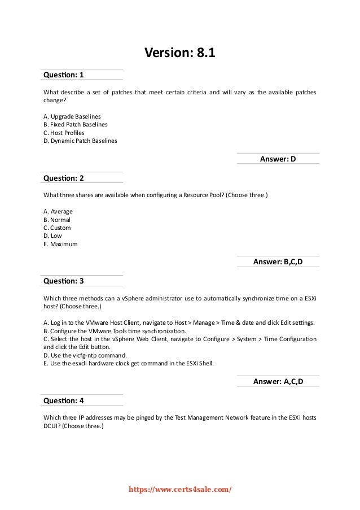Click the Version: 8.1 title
pos(180,54)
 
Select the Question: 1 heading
pos(63,75)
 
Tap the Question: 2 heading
pos(63,177)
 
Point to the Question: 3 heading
pos(63,281)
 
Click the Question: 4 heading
pos(63,400)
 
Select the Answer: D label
pos(278,159)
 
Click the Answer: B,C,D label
pos(278,261)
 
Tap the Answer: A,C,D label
pos(278,382)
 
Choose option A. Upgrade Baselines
pos(72,116)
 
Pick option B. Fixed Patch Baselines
pos(75,124)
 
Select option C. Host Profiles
pos(64,133)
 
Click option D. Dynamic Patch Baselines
pos(80,141)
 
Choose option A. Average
pos(58,211)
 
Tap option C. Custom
pos(57,228)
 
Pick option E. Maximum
pos(60,245)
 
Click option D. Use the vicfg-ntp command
pos(84,355)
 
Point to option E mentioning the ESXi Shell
pos(128,364)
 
